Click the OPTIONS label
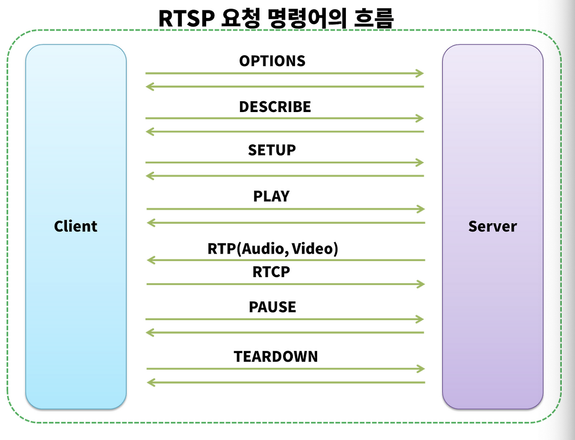(x=272, y=61)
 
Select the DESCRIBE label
(x=275, y=107)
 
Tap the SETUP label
(x=272, y=150)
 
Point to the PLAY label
(x=271, y=196)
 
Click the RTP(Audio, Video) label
(x=273, y=248)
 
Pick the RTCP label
(x=271, y=272)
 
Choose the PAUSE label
(x=272, y=307)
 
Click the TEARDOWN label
(x=276, y=356)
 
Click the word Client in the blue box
(x=75, y=226)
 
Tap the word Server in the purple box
(x=492, y=226)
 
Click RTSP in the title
(x=186, y=18)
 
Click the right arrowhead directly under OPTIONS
(x=420, y=73)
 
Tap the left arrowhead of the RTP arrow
(x=151, y=260)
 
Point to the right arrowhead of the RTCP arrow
(x=421, y=284)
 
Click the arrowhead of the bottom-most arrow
(x=151, y=382)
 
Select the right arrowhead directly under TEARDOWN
(x=421, y=369)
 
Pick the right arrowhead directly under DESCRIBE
(x=420, y=118)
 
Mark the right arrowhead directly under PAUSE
(x=420, y=319)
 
